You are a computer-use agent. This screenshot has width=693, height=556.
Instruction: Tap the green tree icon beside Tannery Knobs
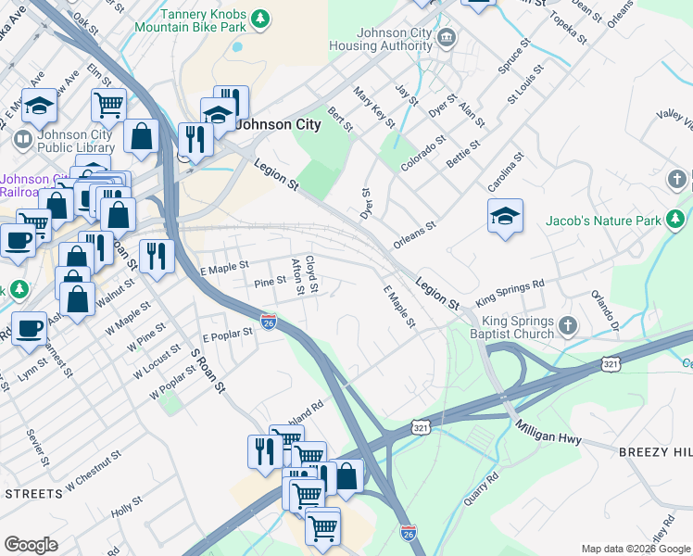point(261,18)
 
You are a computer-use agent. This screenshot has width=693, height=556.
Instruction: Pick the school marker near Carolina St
point(505,218)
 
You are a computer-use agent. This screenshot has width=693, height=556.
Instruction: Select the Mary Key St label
point(374,107)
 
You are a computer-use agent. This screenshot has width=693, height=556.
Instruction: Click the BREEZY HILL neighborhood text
point(653,450)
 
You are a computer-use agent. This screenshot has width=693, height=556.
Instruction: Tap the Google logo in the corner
point(31,545)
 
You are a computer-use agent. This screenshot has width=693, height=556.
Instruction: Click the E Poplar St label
point(228,333)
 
